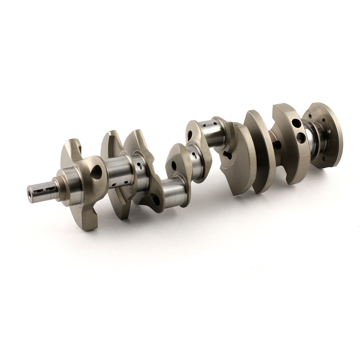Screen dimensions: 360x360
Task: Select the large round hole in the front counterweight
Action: click(x=96, y=172)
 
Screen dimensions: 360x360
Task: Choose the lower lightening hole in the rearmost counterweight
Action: click(x=301, y=138)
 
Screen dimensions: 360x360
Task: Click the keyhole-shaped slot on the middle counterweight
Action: click(x=227, y=156)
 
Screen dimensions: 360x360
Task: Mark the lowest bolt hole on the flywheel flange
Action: click(x=323, y=159)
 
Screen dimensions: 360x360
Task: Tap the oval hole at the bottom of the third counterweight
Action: click(x=155, y=200)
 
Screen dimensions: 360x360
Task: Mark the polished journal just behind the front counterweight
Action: click(x=118, y=172)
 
